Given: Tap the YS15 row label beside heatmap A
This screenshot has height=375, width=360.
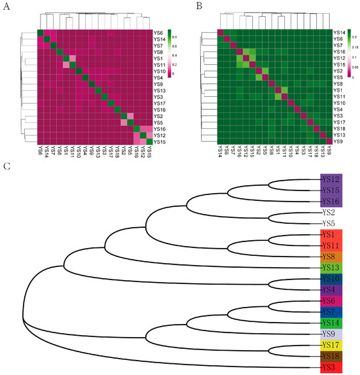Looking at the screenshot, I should click(x=159, y=141).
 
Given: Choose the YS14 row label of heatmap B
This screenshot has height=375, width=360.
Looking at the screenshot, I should click(x=339, y=32).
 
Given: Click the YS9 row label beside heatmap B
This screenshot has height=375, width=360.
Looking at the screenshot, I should click(x=338, y=141).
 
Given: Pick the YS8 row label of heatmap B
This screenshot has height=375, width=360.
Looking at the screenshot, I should click(x=338, y=84).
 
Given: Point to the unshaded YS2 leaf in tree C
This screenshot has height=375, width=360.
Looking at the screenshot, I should click(x=327, y=213).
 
